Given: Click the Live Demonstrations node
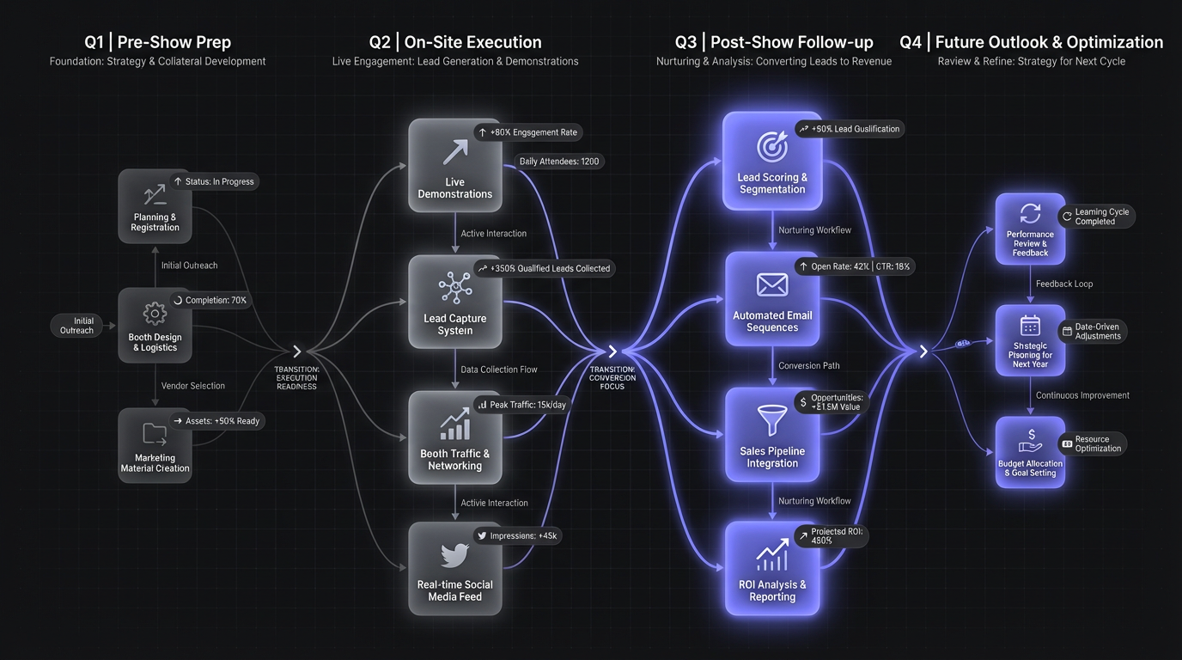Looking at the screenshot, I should tap(454, 165).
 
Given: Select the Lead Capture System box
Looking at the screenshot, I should tap(454, 302).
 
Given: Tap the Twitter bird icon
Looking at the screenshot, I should tap(454, 555).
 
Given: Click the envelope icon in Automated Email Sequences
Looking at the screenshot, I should tap(772, 284).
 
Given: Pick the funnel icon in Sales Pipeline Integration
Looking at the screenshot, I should tap(772, 420).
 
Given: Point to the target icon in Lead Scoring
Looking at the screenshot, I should tap(772, 147).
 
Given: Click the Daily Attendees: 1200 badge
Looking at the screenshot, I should tap(559, 162).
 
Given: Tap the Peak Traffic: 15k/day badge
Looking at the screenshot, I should tap(521, 404).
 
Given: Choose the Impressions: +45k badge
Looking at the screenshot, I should tap(517, 535).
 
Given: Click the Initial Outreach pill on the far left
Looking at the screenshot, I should tap(76, 326).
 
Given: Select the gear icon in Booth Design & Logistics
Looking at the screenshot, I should tap(155, 313).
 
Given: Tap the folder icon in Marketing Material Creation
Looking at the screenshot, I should tap(155, 433).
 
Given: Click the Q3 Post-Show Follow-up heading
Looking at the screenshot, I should tap(774, 42).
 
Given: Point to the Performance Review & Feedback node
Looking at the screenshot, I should tap(1030, 229).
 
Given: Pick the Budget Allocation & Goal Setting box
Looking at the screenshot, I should tap(1030, 452).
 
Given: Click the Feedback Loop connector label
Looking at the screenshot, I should tap(1064, 284).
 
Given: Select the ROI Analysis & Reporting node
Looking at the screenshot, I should tap(772, 568).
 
